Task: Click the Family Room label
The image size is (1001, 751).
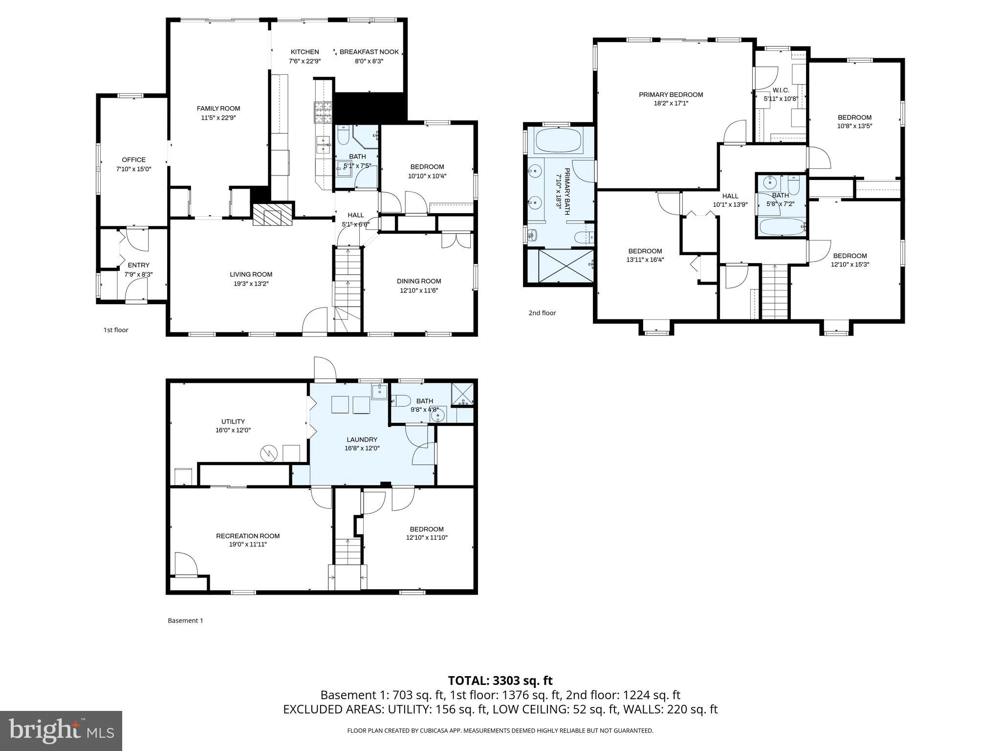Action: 218,109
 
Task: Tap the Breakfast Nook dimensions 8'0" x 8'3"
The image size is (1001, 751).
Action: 369,61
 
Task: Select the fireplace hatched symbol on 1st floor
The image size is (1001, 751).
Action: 272,214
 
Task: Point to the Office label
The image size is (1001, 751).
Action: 133,160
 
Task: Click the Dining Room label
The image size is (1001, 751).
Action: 419,281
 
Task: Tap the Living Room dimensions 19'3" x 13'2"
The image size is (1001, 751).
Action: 251,284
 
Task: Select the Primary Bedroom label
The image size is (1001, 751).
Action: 671,95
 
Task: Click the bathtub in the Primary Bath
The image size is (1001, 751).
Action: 558,141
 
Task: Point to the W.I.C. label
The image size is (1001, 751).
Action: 781,90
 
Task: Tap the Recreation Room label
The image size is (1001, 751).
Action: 248,536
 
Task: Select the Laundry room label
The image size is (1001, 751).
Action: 362,440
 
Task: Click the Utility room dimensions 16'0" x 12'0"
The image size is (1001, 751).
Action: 233,430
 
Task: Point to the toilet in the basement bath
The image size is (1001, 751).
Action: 400,401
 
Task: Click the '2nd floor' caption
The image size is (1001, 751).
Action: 542,313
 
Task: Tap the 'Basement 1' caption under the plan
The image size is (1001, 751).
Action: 185,620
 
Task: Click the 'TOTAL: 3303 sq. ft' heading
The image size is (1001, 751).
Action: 500,681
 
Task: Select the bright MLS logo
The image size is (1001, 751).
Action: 61,730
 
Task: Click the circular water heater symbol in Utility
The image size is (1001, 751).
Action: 268,454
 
